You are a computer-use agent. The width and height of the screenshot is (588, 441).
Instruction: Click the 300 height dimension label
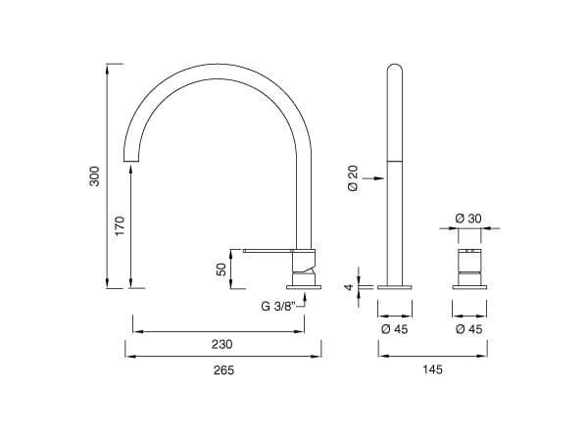pos(95,176)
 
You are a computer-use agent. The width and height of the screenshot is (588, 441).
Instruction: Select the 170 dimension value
pos(120,225)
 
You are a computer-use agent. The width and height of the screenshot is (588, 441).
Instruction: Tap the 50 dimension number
pos(221,269)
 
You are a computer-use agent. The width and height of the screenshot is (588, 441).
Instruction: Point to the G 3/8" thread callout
pos(278,307)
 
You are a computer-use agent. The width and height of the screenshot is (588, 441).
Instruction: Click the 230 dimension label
pos(222,344)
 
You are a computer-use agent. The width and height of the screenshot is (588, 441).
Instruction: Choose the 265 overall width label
pos(223,370)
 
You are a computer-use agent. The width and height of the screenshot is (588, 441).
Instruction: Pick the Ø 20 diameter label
pos(353,178)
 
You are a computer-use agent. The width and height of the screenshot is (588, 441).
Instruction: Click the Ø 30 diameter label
pos(468,219)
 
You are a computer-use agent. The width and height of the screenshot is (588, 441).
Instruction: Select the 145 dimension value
pos(433,369)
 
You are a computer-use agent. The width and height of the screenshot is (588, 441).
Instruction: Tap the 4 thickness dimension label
pos(349,287)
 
